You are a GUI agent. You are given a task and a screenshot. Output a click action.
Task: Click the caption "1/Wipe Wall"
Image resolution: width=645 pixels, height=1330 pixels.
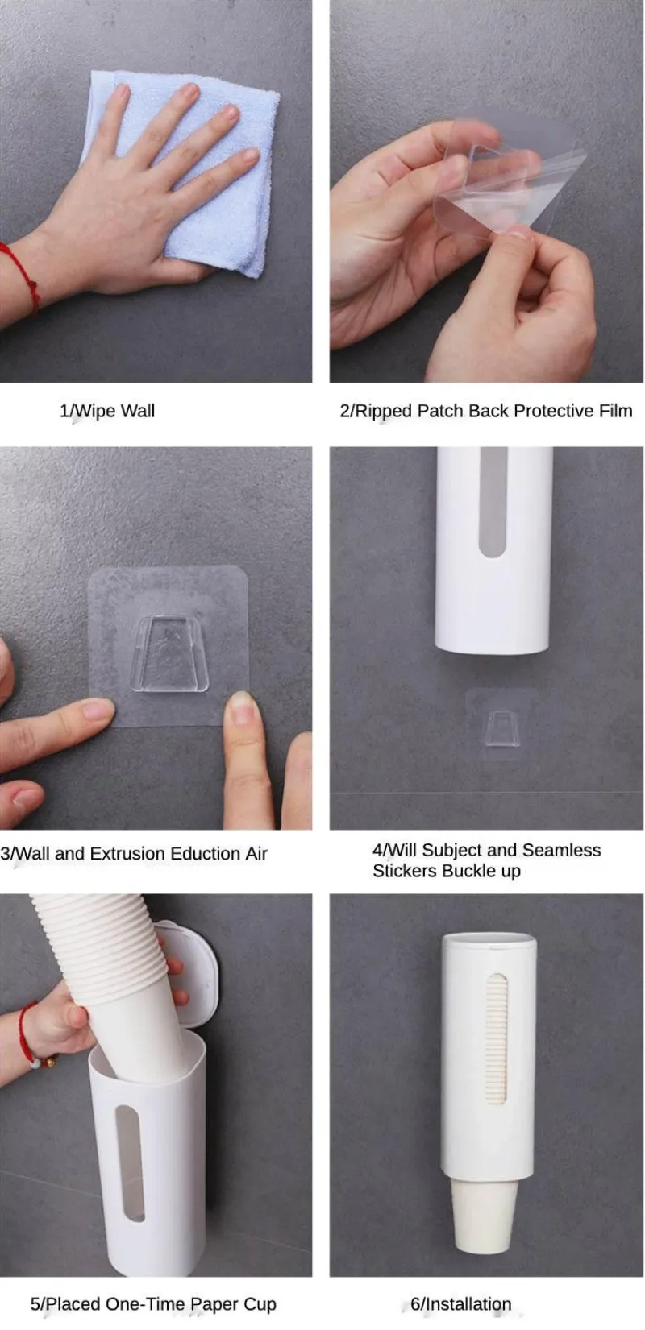[107, 411]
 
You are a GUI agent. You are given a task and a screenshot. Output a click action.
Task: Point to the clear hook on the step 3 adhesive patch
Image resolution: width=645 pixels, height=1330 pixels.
[169, 654]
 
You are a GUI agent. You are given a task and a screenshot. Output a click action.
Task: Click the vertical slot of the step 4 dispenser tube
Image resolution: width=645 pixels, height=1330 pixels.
[493, 502]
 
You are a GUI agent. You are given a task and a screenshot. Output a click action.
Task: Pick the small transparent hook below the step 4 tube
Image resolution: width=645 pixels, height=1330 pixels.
[501, 728]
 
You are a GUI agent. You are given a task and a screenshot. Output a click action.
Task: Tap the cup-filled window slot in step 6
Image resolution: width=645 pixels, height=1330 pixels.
[497, 1038]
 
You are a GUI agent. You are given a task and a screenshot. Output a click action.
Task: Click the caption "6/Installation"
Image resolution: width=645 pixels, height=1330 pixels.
[460, 1304]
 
